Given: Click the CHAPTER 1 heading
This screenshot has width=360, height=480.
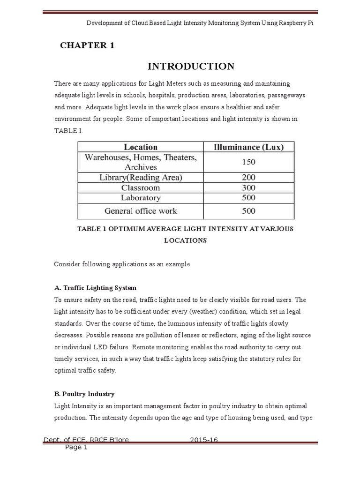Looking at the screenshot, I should tap(87, 45).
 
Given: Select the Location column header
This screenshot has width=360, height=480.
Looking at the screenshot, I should tap(141, 147).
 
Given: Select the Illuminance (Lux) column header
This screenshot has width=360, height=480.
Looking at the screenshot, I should tap(248, 147).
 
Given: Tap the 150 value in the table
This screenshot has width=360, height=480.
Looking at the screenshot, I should tap(248, 162).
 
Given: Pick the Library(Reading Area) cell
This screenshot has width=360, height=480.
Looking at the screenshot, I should tap(141, 178).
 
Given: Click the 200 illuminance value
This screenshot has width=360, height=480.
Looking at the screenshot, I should tap(248, 178).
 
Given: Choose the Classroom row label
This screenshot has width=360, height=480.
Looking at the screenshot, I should tap(141, 187).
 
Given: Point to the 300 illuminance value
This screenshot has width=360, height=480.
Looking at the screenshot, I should tap(248, 187).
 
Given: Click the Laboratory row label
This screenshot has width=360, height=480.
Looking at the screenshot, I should tap(141, 198).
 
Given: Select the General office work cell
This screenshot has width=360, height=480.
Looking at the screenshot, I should tap(141, 211).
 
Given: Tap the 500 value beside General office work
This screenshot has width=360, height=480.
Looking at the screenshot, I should tap(248, 211).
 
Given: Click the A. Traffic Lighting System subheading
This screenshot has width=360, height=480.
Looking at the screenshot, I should tap(95, 288).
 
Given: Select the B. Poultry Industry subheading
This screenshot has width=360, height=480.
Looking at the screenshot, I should tap(84, 394).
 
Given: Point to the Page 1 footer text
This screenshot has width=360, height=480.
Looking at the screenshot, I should tap(76, 448).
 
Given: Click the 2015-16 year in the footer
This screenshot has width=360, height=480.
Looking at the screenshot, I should tap(204, 440).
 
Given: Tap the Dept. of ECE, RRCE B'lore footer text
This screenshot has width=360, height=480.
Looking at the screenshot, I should tap(86, 440).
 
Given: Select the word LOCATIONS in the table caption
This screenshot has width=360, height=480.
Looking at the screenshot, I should tap(185, 240).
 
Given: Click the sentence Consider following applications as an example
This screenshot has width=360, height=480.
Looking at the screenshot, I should tap(122, 264).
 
